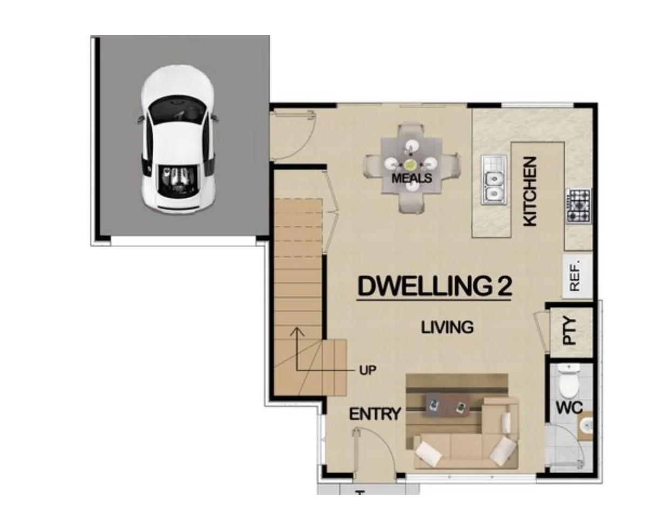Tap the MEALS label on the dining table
tap(412, 178)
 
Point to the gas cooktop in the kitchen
tap(578, 205)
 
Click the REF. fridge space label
tap(574, 276)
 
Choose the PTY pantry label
tap(570, 331)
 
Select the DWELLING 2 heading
tap(435, 286)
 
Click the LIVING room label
tap(448, 327)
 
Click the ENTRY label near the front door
tap(375, 414)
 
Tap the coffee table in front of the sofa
tap(446, 405)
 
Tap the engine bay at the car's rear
tap(178, 181)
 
